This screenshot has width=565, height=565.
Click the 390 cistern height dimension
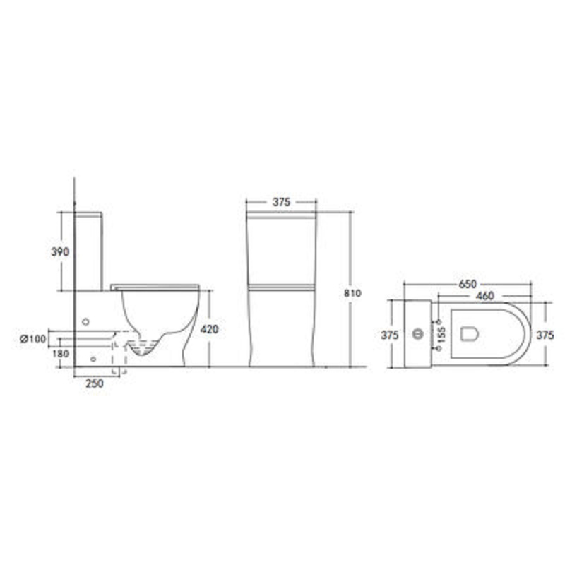60,251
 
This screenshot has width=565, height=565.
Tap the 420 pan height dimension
209,329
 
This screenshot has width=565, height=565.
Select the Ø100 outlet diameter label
33,339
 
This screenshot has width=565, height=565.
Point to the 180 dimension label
61,354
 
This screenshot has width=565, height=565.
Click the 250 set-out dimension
95,383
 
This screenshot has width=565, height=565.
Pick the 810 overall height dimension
352,293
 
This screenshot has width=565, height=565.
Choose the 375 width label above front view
281,202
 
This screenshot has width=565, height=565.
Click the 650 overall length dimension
468,284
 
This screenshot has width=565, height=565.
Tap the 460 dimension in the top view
484,296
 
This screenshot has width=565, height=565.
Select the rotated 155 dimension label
441,334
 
